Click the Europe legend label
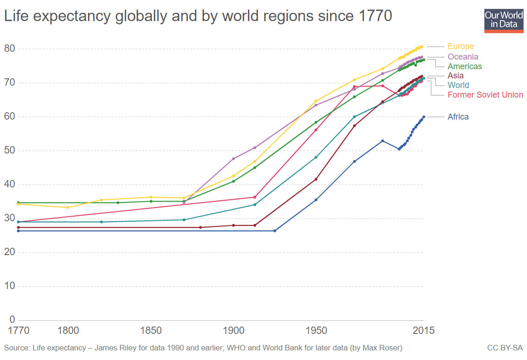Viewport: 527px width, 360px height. (461, 46)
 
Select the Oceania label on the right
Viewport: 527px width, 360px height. (463, 57)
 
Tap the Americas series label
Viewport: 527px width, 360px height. (465, 66)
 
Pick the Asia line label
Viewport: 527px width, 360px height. (456, 76)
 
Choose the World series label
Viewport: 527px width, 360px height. (458, 85)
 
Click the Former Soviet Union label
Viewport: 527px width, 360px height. (485, 95)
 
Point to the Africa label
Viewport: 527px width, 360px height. (458, 117)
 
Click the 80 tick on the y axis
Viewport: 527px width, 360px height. (10, 49)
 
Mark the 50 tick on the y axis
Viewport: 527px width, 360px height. (10, 151)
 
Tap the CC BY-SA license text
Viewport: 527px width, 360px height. (505, 348)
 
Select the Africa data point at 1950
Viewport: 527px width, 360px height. (316, 200)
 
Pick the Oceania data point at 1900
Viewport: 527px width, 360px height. (233, 159)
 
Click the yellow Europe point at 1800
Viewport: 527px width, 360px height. (68, 207)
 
